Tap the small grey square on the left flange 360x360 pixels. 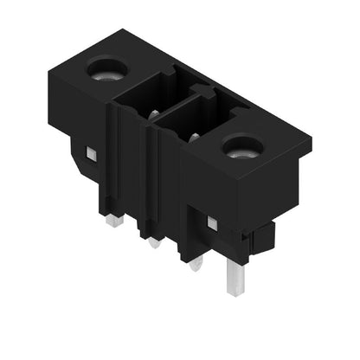tap(89, 155)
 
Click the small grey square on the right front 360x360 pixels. tap(210, 223)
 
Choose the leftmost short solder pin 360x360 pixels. tap(113, 221)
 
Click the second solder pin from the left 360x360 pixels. tap(154, 242)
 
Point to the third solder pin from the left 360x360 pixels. tap(196, 263)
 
